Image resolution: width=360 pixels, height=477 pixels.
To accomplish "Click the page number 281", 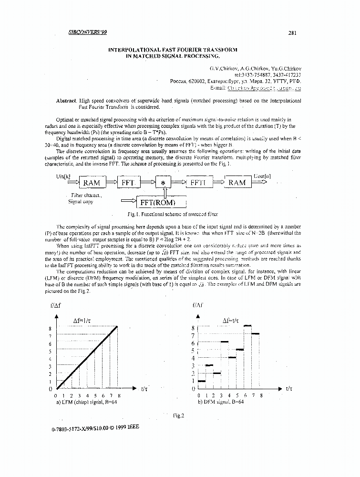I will tap(293, 33).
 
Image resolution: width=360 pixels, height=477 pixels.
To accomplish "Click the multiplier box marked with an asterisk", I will tap(163, 183).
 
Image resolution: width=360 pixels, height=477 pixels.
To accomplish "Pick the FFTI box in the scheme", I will tap(197, 182).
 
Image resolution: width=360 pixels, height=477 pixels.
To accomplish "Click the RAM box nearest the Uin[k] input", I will tap(92, 183).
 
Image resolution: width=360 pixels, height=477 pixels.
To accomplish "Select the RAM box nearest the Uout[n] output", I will tap(237, 182).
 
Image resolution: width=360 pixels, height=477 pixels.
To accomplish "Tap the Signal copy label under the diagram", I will tap(82, 201).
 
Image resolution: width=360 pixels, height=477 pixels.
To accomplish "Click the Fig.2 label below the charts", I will tap(178, 415).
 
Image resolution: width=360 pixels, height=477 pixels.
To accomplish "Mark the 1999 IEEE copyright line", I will tap(95, 428).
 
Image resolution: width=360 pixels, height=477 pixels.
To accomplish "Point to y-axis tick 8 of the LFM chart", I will tap(50, 328).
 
